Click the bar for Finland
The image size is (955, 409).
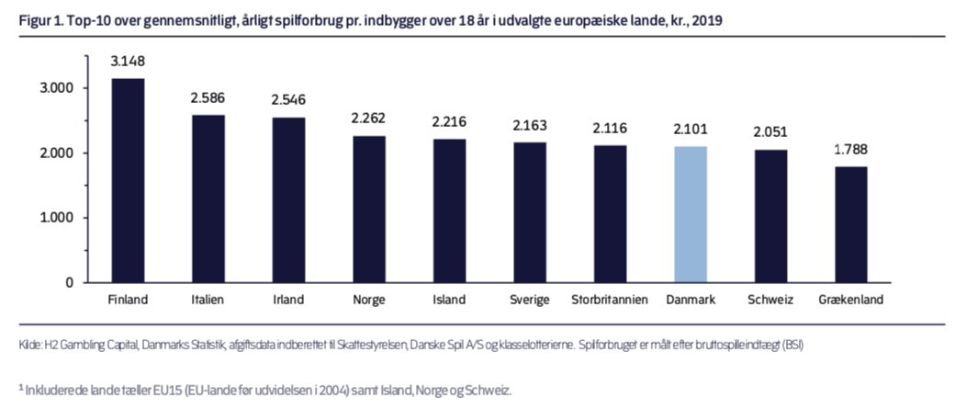128,180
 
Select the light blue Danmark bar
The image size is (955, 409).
690,214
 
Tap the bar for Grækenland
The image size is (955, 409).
850,224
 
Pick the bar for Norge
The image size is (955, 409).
368,209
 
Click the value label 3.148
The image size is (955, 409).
128,62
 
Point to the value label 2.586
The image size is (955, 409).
208,97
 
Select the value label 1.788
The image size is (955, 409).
850,148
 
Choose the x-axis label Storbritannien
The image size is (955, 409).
610,300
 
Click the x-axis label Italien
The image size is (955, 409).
208,300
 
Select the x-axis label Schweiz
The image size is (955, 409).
770,300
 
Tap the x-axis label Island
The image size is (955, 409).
449,300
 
